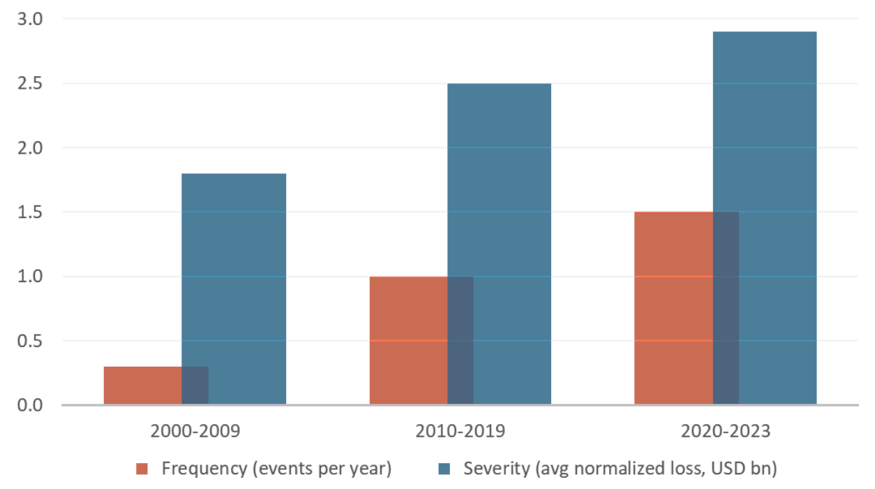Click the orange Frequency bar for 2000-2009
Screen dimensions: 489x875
pyautogui.click(x=142, y=386)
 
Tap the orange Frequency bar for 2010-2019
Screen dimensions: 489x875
pyautogui.click(x=408, y=340)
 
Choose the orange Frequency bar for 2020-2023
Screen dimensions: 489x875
pyautogui.click(x=673, y=308)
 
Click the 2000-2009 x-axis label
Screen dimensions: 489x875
pyautogui.click(x=195, y=431)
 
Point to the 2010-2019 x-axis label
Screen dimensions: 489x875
pyautogui.click(x=460, y=431)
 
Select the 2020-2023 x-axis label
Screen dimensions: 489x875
pyautogui.click(x=725, y=431)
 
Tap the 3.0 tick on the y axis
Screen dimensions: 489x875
pyautogui.click(x=30, y=19)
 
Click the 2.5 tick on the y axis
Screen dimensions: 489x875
pyautogui.click(x=30, y=84)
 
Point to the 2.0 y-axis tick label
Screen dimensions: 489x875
pyautogui.click(x=30, y=148)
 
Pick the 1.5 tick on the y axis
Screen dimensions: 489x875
pyautogui.click(x=30, y=212)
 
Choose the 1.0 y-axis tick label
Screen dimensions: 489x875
pyautogui.click(x=30, y=277)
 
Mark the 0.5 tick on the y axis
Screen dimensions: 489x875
pyautogui.click(x=30, y=341)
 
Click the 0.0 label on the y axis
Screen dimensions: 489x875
pyautogui.click(x=30, y=405)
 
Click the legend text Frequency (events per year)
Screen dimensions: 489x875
pyautogui.click(x=276, y=468)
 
